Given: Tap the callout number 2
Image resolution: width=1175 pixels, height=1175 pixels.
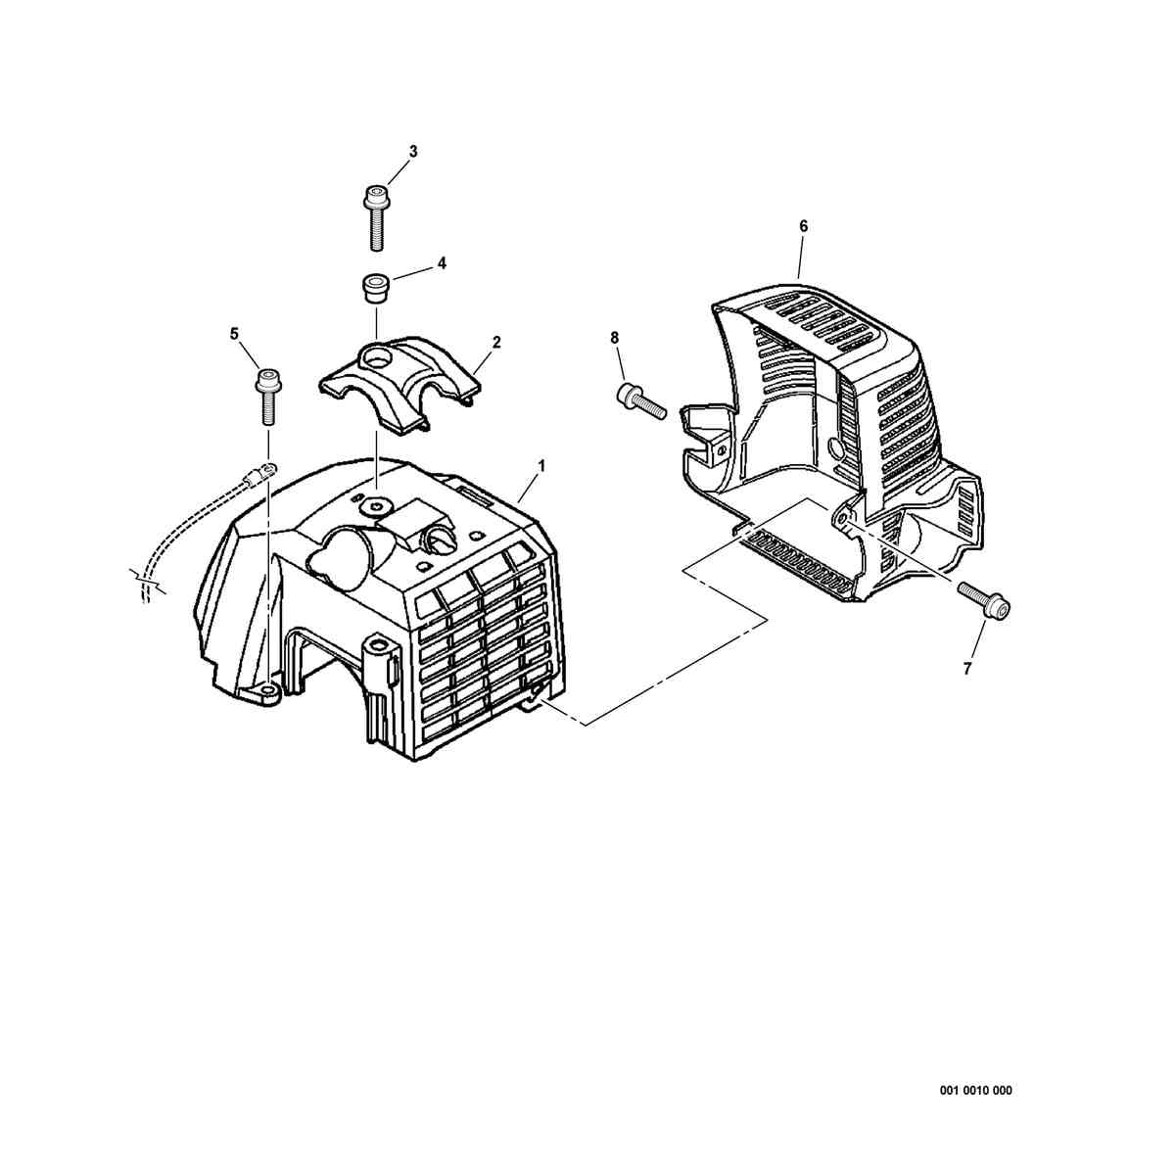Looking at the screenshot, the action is [496, 342].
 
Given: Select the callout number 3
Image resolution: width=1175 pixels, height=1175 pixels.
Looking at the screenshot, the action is [413, 151].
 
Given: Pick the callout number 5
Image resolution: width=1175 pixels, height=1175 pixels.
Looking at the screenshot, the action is [234, 334].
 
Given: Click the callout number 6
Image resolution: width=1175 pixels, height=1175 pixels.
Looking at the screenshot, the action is [803, 226].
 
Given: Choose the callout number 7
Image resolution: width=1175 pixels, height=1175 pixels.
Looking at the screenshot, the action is [966, 669].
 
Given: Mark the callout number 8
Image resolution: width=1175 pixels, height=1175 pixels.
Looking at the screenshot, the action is [614, 337].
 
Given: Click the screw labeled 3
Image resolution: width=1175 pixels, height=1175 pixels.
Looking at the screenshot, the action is [377, 217].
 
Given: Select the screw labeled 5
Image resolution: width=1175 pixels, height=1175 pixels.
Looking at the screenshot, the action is [267, 397].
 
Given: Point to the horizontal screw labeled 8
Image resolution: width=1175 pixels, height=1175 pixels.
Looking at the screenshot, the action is [641, 399].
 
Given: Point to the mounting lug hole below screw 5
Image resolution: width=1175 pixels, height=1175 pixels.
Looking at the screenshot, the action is [267, 689].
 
